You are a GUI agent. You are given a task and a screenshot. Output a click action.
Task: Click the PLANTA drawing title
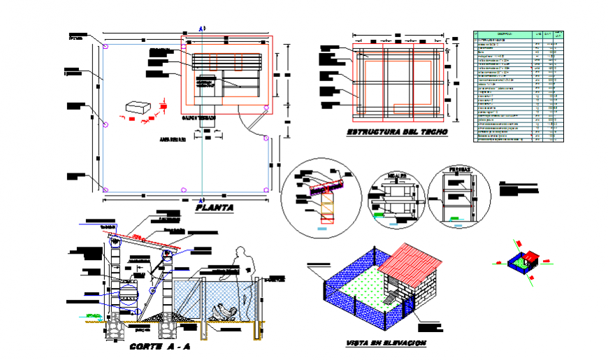(215, 208)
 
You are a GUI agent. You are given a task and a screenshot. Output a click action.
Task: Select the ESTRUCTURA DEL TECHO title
(397, 132)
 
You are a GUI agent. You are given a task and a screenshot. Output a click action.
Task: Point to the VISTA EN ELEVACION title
(386, 344)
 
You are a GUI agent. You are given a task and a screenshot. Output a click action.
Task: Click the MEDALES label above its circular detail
(397, 172)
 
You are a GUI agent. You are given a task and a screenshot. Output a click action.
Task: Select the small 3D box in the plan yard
(138, 108)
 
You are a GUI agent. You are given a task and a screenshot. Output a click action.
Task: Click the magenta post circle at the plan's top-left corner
(105, 47)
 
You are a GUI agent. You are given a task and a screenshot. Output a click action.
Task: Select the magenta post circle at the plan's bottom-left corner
(105, 189)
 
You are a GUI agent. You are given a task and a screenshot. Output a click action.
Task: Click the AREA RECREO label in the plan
(171, 140)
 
